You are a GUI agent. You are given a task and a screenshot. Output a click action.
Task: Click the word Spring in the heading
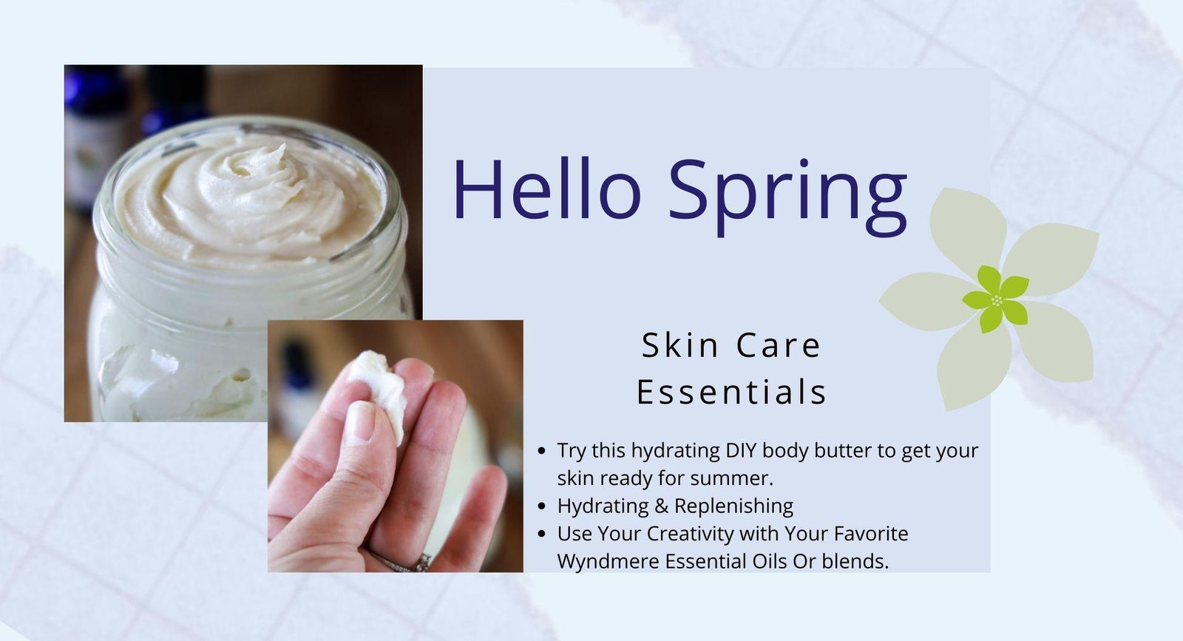(x=787, y=194)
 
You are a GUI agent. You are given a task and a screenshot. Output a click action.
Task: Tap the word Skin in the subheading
(x=679, y=345)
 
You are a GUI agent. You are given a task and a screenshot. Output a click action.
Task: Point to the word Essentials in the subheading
(x=731, y=392)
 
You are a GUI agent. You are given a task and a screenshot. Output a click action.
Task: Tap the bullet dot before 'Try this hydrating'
(x=543, y=450)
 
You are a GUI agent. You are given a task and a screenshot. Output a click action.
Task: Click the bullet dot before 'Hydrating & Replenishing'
(x=543, y=506)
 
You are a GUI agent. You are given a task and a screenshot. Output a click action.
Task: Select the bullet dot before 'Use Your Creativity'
(x=543, y=534)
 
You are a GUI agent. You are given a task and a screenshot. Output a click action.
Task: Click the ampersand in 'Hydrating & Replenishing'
(x=661, y=506)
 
